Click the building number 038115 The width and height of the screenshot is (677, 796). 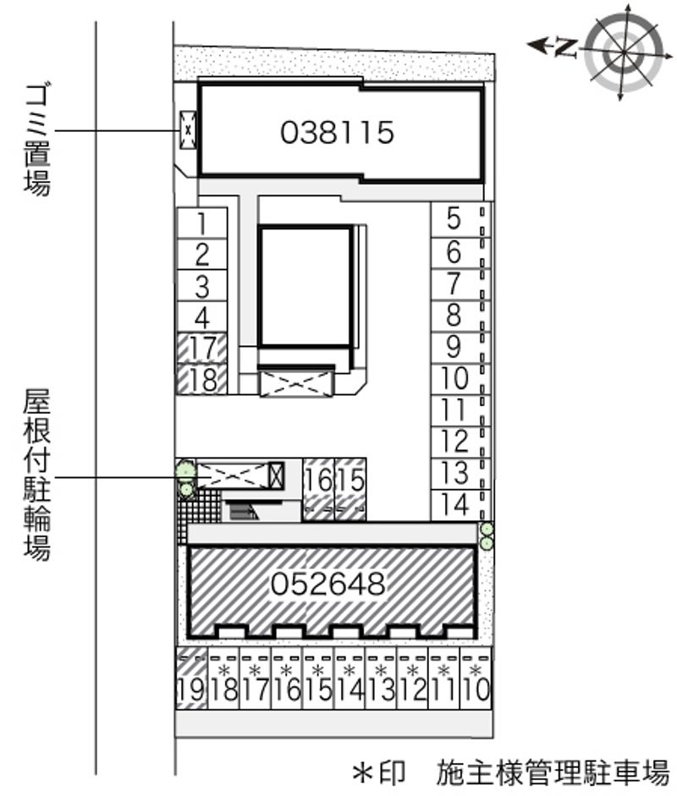click(x=337, y=133)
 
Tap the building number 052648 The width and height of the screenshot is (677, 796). click(x=328, y=584)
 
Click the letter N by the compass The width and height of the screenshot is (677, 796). click(x=566, y=47)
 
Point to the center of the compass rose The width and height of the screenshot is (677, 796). click(x=624, y=52)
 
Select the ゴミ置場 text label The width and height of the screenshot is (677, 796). click(x=37, y=140)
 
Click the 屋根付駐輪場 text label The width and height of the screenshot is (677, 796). click(x=37, y=475)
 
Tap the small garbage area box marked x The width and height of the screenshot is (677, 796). click(x=188, y=130)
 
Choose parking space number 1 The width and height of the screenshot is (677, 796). click(x=202, y=222)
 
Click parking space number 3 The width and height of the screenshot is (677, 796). click(x=202, y=286)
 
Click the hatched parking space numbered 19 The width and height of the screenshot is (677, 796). click(x=191, y=678)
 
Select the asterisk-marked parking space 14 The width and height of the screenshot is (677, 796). click(x=350, y=678)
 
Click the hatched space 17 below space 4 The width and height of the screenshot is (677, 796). click(x=202, y=349)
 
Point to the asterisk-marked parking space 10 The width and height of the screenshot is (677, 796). click(x=476, y=678)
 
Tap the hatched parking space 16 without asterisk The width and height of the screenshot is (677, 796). click(x=318, y=490)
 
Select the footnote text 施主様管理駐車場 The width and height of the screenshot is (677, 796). click(x=553, y=772)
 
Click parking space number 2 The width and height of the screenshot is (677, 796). click(x=202, y=255)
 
